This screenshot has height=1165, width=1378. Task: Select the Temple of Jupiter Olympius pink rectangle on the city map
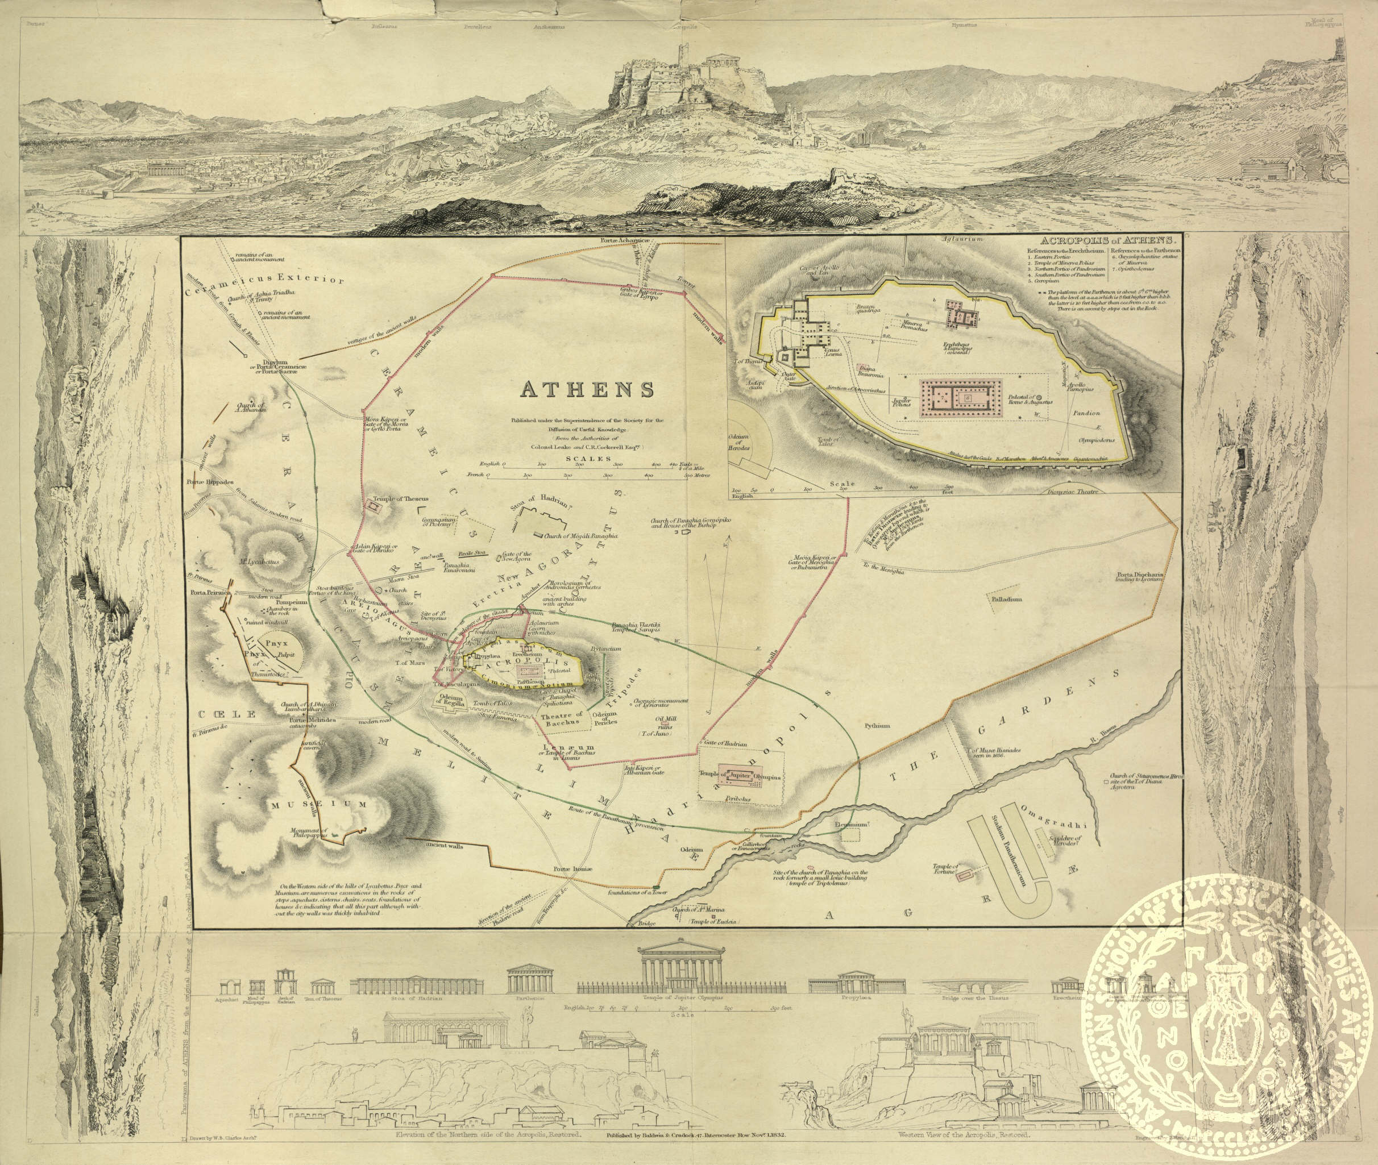tap(742, 778)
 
